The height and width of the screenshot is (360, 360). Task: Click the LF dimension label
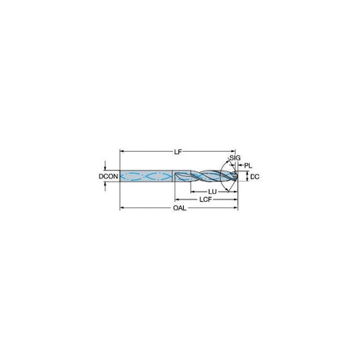178,152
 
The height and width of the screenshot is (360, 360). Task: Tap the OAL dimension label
180,208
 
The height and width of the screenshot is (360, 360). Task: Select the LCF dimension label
206,200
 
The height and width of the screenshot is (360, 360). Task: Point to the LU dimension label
212,192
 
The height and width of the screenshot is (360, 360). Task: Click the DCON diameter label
108,177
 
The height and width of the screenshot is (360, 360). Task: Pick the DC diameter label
254,177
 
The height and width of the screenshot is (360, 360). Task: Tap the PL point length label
248,165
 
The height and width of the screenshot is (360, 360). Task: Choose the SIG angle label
235,158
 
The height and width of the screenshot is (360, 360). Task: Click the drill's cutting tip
237,176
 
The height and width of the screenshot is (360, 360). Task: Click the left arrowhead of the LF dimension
121,151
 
